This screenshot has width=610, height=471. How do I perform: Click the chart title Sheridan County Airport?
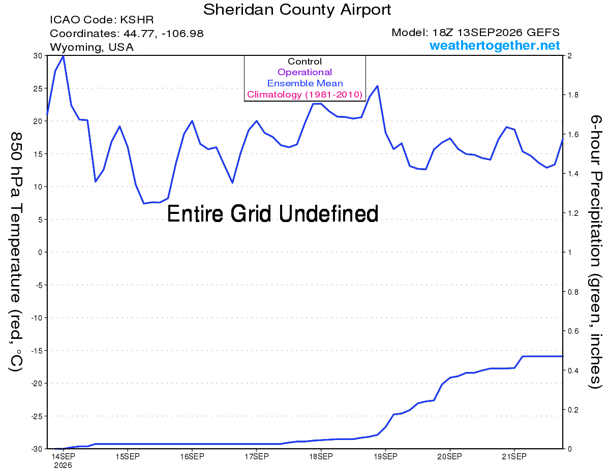[x=297, y=10]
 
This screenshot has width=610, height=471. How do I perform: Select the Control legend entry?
[x=304, y=61]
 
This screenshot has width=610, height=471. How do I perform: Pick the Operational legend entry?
[x=304, y=72]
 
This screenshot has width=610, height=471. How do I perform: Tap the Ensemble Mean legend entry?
[x=305, y=83]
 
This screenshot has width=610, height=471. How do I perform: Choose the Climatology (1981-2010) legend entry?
[x=304, y=95]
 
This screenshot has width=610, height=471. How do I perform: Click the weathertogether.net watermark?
[x=495, y=46]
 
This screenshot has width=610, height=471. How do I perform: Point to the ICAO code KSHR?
[x=137, y=20]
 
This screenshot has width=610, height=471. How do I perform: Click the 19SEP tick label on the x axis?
[x=385, y=457]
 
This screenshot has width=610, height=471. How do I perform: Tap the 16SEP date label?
[x=192, y=457]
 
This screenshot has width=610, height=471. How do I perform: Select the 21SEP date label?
[x=514, y=457]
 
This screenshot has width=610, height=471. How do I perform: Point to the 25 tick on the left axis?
[x=38, y=88]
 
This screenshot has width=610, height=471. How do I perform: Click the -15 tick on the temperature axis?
[x=37, y=351]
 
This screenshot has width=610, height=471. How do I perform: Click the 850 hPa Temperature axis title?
[x=16, y=252]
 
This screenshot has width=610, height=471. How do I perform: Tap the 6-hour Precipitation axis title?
[x=595, y=252]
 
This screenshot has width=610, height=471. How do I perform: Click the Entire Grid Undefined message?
[x=272, y=214]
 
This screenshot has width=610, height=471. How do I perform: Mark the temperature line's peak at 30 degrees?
[x=63, y=56]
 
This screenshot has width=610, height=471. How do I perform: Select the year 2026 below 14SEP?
[x=63, y=466]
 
